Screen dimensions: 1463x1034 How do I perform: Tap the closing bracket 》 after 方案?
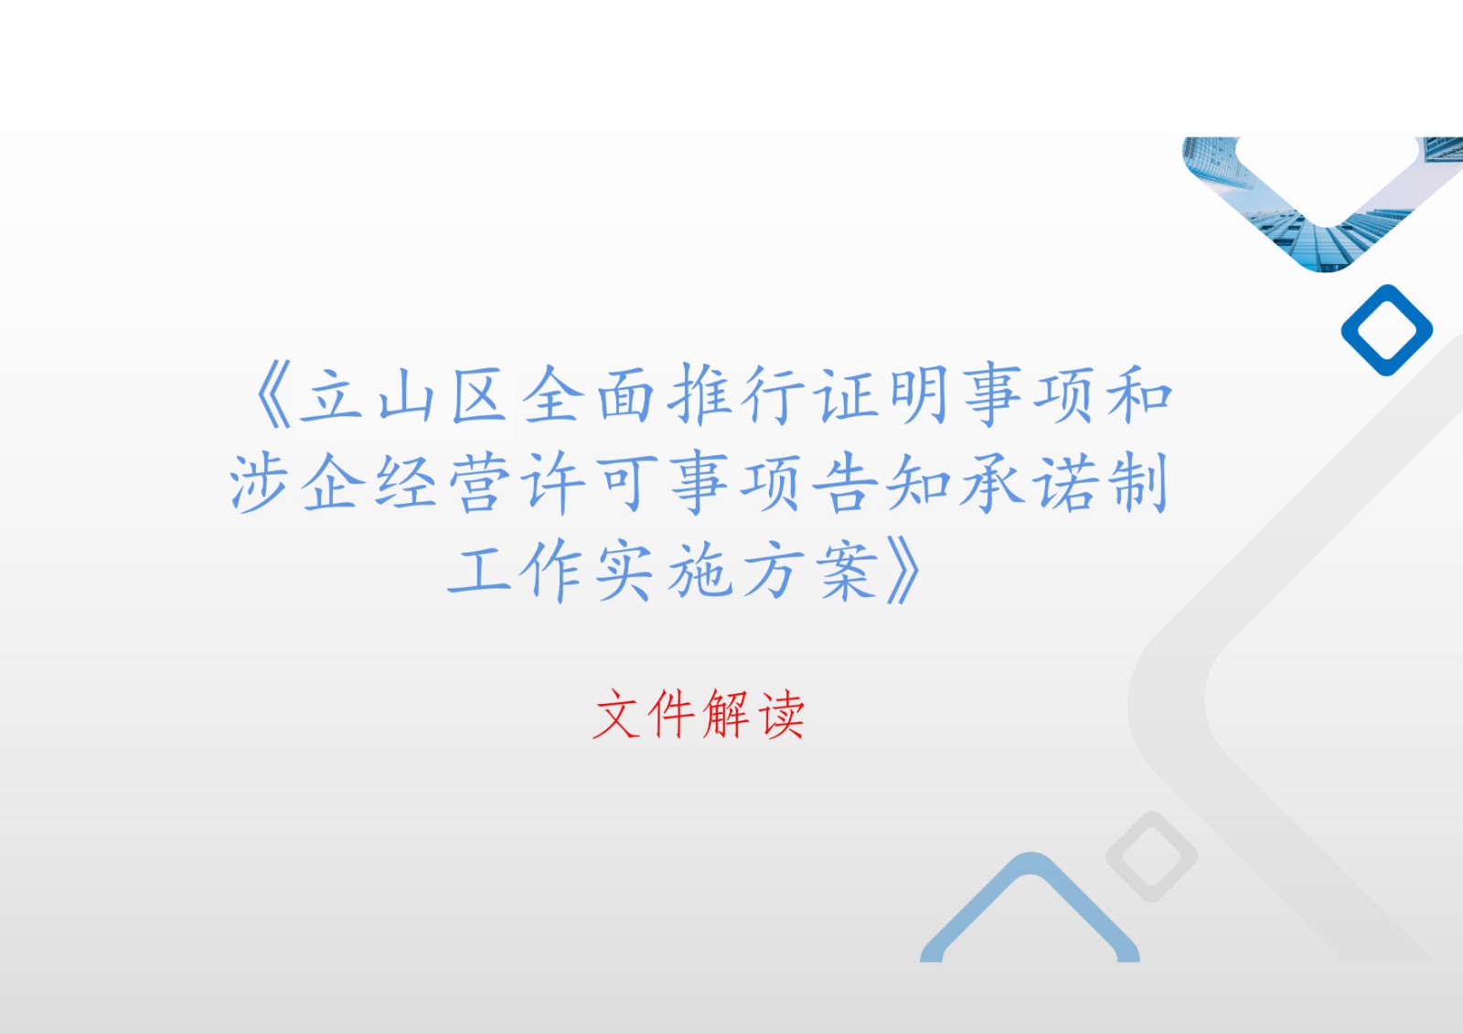point(903,570)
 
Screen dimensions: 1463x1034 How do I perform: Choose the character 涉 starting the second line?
point(260,484)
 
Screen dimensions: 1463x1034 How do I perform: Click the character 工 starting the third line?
point(479,570)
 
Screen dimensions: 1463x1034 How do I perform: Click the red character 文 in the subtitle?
point(616,713)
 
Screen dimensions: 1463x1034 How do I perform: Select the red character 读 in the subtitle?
point(781,713)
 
